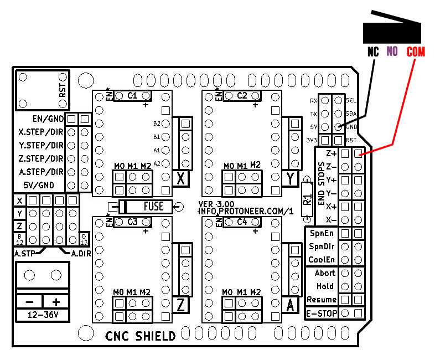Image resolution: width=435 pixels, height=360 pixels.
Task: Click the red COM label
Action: (x=415, y=52)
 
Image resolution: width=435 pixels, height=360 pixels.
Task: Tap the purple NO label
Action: (x=392, y=52)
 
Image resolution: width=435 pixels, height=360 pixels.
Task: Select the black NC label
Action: (x=374, y=52)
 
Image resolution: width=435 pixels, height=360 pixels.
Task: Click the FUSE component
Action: (x=146, y=207)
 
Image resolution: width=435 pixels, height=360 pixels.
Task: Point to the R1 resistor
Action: (x=308, y=199)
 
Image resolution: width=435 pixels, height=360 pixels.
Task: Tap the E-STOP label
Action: (x=321, y=313)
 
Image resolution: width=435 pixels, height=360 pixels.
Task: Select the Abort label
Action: (x=325, y=273)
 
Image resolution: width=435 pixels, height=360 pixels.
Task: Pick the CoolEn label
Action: (x=322, y=260)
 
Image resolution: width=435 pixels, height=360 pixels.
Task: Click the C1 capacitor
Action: (x=132, y=95)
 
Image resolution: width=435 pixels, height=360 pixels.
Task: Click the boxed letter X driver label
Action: (x=180, y=178)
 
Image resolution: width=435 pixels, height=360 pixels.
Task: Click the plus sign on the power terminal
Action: (x=55, y=302)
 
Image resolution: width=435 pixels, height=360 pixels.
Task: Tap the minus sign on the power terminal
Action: (x=29, y=302)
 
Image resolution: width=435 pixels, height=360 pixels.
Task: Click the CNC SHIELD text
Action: (x=141, y=336)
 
